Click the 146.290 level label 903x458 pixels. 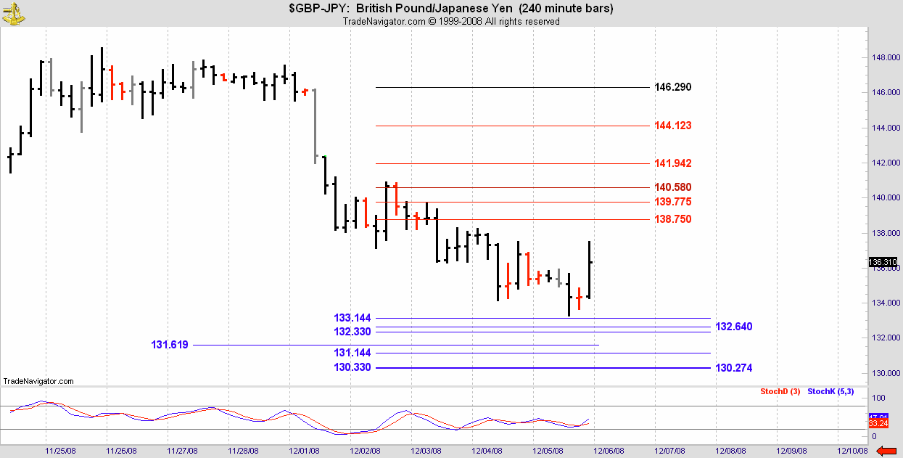point(672,87)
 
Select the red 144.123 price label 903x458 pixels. point(672,126)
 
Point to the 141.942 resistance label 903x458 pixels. point(672,163)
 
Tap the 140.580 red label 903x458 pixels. point(672,187)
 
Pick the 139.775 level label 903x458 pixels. point(672,202)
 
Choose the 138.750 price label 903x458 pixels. point(672,219)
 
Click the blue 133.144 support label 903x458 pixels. point(352,318)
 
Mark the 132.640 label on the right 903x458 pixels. point(734,327)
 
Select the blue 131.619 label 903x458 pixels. point(170,345)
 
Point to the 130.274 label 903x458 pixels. point(734,368)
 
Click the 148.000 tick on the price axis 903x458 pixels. point(883,57)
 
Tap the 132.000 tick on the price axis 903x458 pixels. point(883,338)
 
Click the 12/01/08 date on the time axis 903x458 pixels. point(305,450)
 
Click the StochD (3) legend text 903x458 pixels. point(780,392)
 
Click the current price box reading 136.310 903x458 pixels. point(883,262)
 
